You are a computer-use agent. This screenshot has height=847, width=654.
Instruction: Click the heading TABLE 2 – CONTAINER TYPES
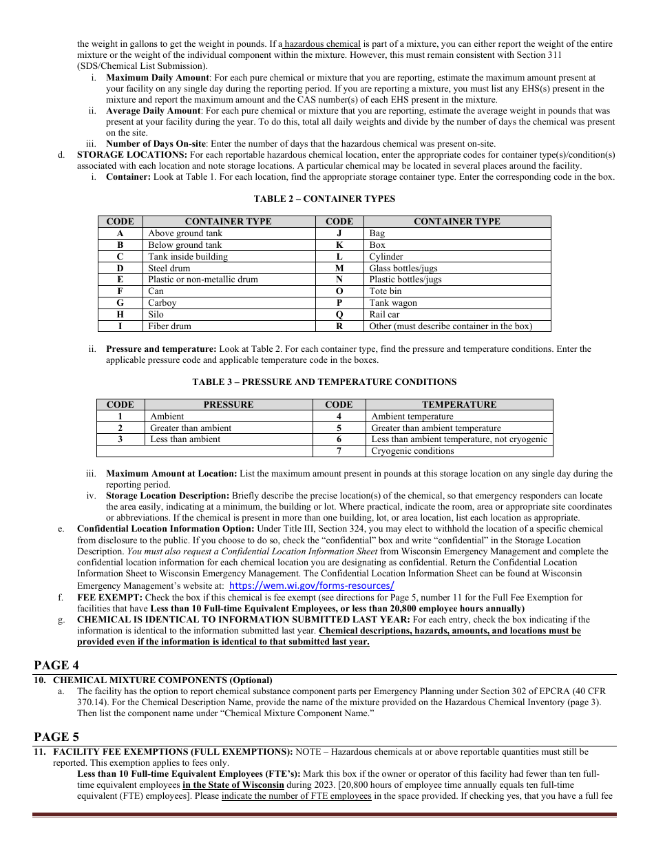324,199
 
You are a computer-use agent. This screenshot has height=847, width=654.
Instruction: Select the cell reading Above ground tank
185,233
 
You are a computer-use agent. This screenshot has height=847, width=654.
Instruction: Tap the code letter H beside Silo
120,315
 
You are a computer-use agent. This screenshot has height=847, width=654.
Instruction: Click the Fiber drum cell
170,326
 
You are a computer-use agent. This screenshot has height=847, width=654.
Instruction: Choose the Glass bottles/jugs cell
403,269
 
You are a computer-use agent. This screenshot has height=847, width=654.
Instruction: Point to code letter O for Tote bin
339,291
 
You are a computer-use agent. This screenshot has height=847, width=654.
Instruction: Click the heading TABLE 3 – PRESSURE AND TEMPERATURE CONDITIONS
324,382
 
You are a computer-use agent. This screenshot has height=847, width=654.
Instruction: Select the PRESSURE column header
228,405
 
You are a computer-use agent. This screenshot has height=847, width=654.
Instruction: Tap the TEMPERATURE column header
458,405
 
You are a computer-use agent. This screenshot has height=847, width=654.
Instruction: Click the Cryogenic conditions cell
412,451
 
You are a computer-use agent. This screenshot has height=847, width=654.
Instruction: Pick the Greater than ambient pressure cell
191,428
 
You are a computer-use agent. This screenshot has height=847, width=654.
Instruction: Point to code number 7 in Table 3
339,451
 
